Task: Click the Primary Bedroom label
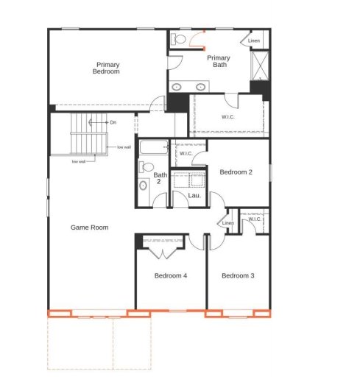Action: pyautogui.click(x=106, y=68)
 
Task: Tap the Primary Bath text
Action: pyautogui.click(x=218, y=61)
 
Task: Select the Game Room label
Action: pyautogui.click(x=89, y=228)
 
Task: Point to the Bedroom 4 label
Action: pyautogui.click(x=171, y=276)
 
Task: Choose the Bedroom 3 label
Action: pyautogui.click(x=238, y=276)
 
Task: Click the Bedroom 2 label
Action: pyautogui.click(x=236, y=172)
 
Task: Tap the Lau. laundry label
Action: pyautogui.click(x=194, y=195)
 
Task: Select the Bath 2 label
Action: pyautogui.click(x=160, y=178)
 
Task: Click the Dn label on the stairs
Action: pyautogui.click(x=113, y=121)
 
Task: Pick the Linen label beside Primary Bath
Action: pyautogui.click(x=254, y=40)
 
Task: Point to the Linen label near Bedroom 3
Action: pyautogui.click(x=228, y=223)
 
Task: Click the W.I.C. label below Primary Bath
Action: pyautogui.click(x=228, y=116)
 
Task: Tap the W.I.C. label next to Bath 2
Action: pyautogui.click(x=186, y=154)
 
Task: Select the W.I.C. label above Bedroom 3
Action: pyautogui.click(x=255, y=219)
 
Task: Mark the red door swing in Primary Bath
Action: pyautogui.click(x=198, y=38)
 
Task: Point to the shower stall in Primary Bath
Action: pyautogui.click(x=260, y=66)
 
